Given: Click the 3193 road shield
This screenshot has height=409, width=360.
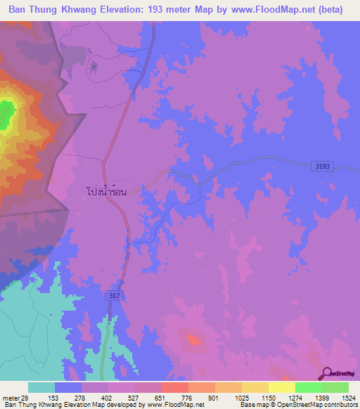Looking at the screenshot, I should pos(322,165).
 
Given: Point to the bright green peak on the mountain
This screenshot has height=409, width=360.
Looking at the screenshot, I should pos(6,115).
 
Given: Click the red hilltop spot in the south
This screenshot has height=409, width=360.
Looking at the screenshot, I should pos(193,340).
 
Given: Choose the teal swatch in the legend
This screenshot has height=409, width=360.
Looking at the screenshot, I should pos(41,387).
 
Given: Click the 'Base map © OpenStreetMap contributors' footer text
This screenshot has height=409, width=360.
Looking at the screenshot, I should pos(297,405).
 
